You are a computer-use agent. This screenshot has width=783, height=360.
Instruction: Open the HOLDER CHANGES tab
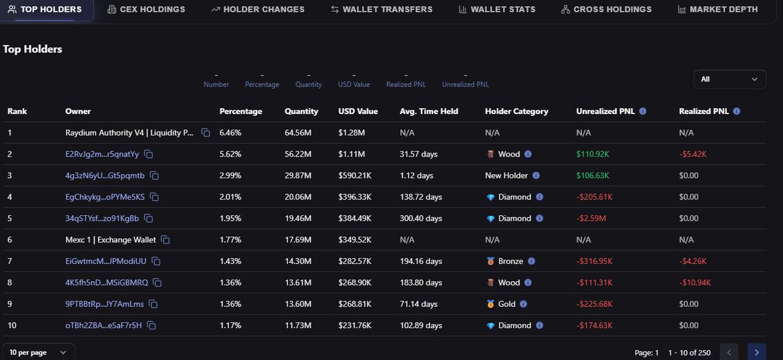click(257, 10)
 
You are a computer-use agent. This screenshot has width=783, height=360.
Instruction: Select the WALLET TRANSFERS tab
click(381, 10)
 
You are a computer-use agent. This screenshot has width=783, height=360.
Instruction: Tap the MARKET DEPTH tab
click(718, 10)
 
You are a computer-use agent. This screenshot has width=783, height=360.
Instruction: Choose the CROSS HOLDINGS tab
click(606, 10)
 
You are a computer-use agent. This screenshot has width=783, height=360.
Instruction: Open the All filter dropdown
click(729, 80)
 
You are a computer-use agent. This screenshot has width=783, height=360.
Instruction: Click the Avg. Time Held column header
click(429, 112)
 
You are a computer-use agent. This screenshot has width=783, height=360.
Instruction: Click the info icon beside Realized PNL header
click(737, 112)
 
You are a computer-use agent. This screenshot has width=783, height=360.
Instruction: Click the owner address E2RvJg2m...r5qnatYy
click(102, 155)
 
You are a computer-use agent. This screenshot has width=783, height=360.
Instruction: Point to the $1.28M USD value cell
click(351, 133)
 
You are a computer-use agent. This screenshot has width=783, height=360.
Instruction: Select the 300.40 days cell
click(421, 218)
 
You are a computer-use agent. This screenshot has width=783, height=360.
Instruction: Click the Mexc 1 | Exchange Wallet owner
click(110, 240)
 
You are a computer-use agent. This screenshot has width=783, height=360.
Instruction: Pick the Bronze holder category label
click(510, 262)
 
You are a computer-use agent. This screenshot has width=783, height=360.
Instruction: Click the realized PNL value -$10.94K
click(695, 283)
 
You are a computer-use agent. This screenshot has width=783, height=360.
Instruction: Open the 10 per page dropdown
click(38, 352)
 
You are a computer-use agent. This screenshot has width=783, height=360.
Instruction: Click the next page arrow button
click(756, 352)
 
